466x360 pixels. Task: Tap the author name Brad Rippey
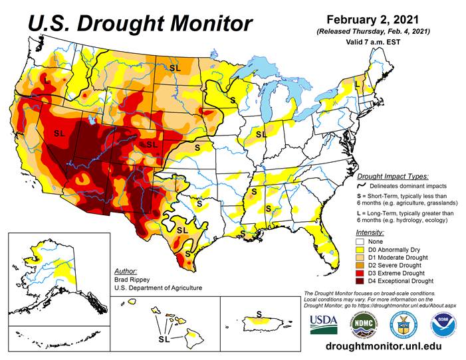pos(133,280)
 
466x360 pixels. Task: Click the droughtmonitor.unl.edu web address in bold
pos(384,347)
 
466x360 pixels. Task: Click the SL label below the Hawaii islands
pos(164,339)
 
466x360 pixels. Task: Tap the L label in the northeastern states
pos(357,85)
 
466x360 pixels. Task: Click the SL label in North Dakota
pos(175,67)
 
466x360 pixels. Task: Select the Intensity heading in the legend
pos(370,232)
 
